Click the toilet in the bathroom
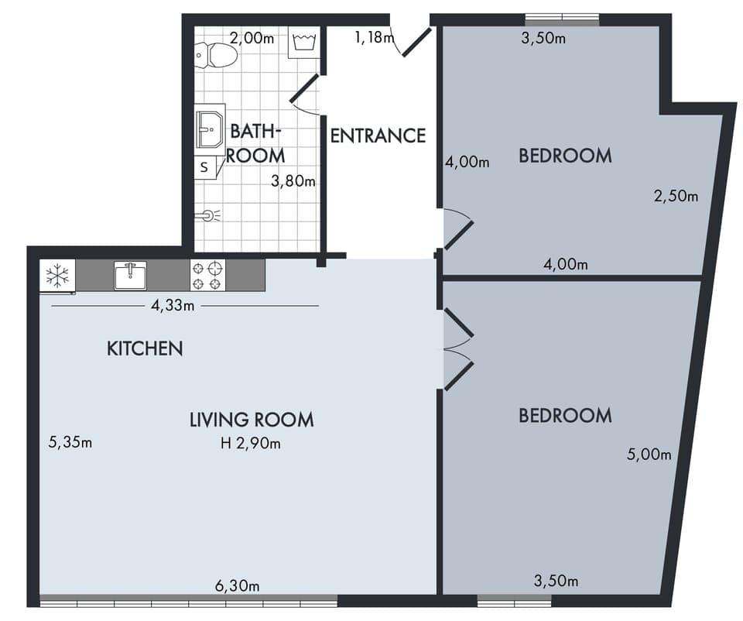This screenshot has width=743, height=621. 217,54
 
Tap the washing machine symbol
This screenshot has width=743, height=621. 302,43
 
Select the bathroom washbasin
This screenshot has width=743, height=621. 210,129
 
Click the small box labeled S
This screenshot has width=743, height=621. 204,166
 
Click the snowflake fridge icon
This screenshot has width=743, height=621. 57,275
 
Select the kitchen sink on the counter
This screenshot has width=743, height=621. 130,275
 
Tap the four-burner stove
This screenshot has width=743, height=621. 207,275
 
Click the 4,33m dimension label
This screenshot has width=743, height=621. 172,305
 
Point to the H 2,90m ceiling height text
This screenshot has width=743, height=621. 251,444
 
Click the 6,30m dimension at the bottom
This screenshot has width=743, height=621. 237,585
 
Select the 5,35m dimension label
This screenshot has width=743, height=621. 70,443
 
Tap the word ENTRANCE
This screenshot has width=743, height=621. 378,136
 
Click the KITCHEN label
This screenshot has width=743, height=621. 145,348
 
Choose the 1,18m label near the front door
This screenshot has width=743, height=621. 369,36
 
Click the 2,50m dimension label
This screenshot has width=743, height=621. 676,196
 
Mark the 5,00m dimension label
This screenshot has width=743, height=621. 649,455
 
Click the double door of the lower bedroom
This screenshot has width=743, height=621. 457,349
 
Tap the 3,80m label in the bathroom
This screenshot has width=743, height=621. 293,182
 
